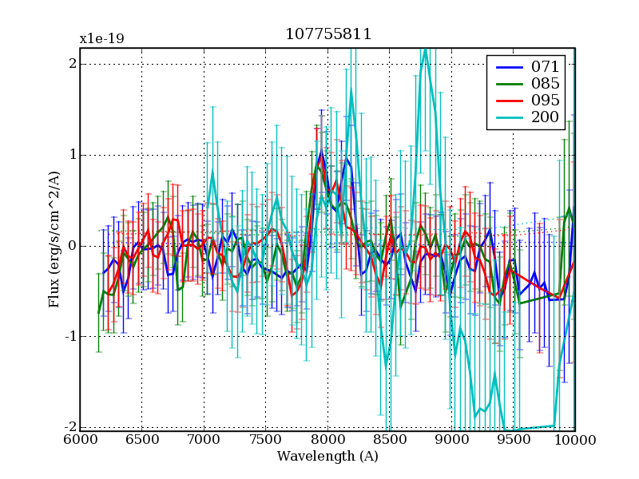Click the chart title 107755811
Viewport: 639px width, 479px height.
[327, 35]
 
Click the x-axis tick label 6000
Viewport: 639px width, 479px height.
[80, 439]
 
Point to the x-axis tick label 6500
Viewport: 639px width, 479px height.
[141, 439]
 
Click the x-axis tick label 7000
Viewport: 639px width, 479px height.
[204, 439]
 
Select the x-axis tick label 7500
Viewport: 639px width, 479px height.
[265, 439]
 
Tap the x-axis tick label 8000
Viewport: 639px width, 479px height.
[327, 439]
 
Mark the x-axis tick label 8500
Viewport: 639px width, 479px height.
[389, 439]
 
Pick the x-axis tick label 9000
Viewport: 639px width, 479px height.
[451, 439]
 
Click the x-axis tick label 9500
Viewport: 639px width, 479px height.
[513, 439]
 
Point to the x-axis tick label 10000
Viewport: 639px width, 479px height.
[575, 439]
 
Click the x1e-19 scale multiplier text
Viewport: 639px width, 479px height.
[101, 38]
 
